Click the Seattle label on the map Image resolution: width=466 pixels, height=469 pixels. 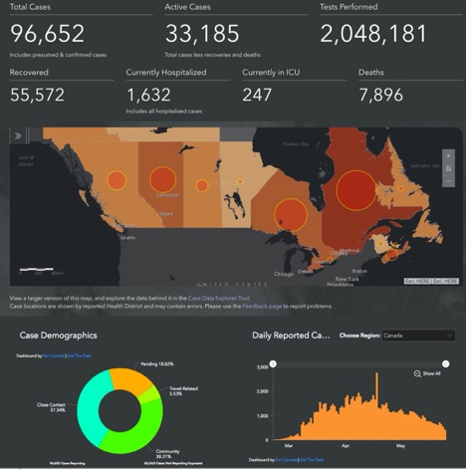[x=127, y=238]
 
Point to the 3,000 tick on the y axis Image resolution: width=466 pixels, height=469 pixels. [x=261, y=366]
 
